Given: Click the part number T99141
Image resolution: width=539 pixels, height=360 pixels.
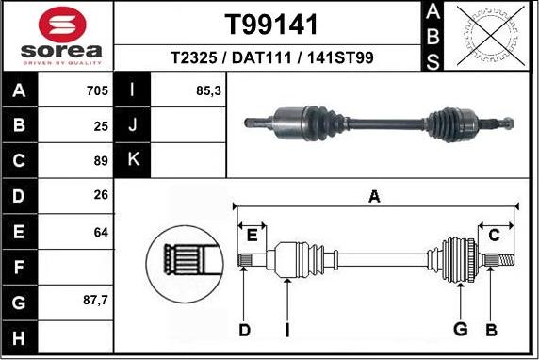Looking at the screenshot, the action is (x=271, y=25).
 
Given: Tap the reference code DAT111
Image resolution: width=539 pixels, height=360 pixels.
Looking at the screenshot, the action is (x=263, y=58).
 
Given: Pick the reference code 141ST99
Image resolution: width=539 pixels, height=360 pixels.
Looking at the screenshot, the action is (x=341, y=58).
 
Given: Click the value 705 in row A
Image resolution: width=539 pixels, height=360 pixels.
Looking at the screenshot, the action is (x=96, y=91).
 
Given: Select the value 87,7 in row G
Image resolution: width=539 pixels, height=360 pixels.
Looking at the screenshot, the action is (x=94, y=302).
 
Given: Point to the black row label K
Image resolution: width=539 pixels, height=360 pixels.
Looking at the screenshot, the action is (x=132, y=160).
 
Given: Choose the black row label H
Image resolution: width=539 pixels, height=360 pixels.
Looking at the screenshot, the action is (x=20, y=336).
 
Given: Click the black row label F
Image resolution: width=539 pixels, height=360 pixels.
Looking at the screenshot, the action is (x=20, y=267).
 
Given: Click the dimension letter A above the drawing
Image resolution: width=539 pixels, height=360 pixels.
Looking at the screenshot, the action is (x=374, y=197).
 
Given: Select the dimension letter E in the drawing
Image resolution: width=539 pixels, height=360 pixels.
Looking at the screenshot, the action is (x=253, y=235).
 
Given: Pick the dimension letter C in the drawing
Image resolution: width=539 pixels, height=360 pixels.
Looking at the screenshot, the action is (x=493, y=235).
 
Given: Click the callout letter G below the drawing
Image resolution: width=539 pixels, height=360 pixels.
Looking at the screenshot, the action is (x=460, y=329).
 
